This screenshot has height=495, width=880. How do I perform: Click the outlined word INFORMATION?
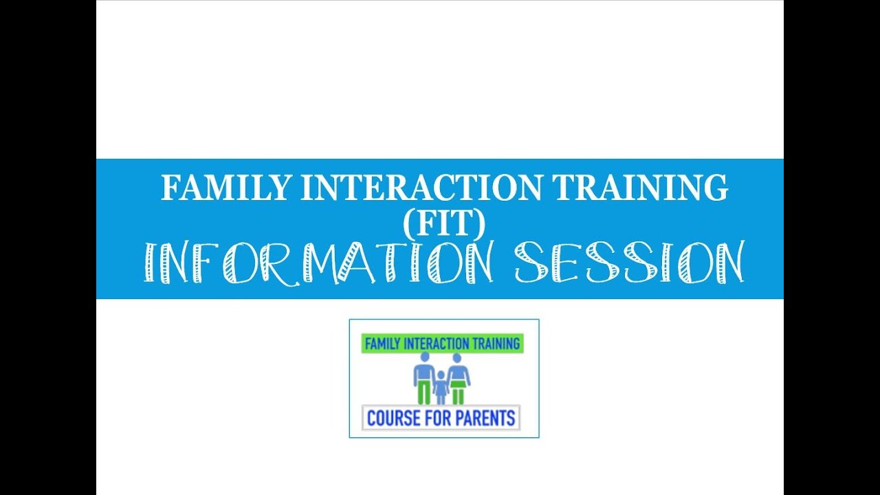[x=320, y=263]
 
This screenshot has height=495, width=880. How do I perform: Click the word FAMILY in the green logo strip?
[x=382, y=344]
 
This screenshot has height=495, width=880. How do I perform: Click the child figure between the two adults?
[x=441, y=388]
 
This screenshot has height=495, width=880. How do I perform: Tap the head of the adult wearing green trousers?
[x=424, y=357]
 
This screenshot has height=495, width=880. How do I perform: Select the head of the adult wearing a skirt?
[x=458, y=357]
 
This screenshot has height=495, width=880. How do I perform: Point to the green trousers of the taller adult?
[x=424, y=394]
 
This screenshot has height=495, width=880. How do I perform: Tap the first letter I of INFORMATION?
[x=148, y=263]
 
